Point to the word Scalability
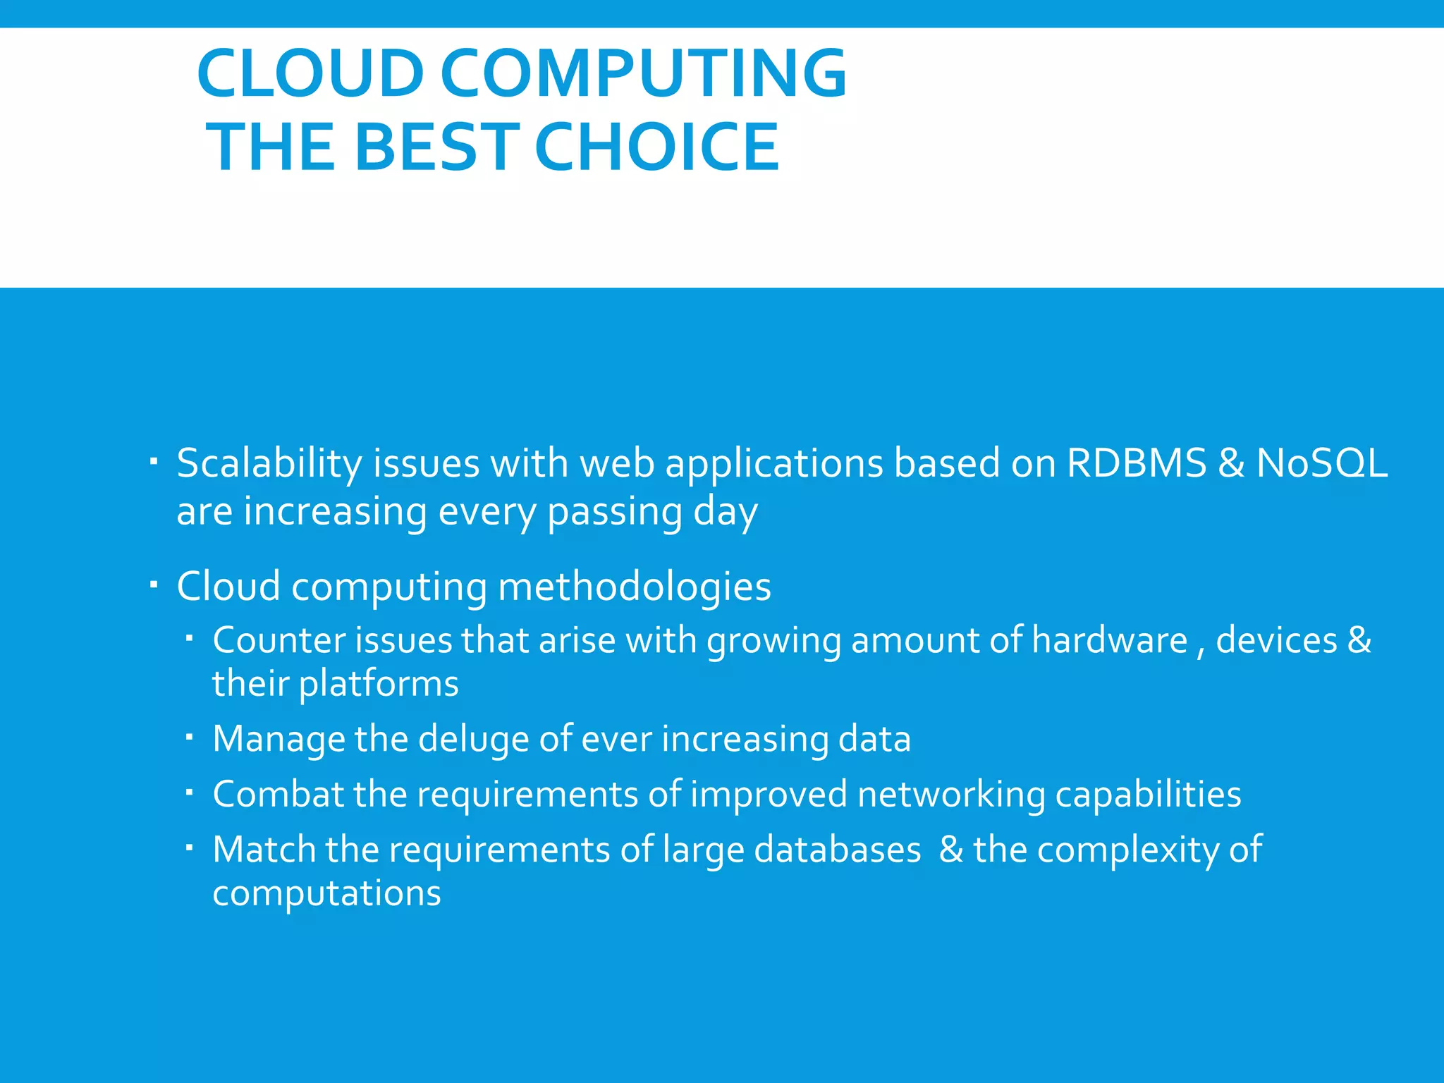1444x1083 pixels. tap(269, 465)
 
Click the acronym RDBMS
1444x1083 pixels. tap(1137, 463)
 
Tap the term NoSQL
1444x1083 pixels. tap(1322, 463)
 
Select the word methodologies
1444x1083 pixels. tap(635, 587)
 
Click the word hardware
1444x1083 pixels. tap(1110, 640)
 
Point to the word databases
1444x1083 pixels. tap(837, 850)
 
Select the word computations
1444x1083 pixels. tap(326, 894)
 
